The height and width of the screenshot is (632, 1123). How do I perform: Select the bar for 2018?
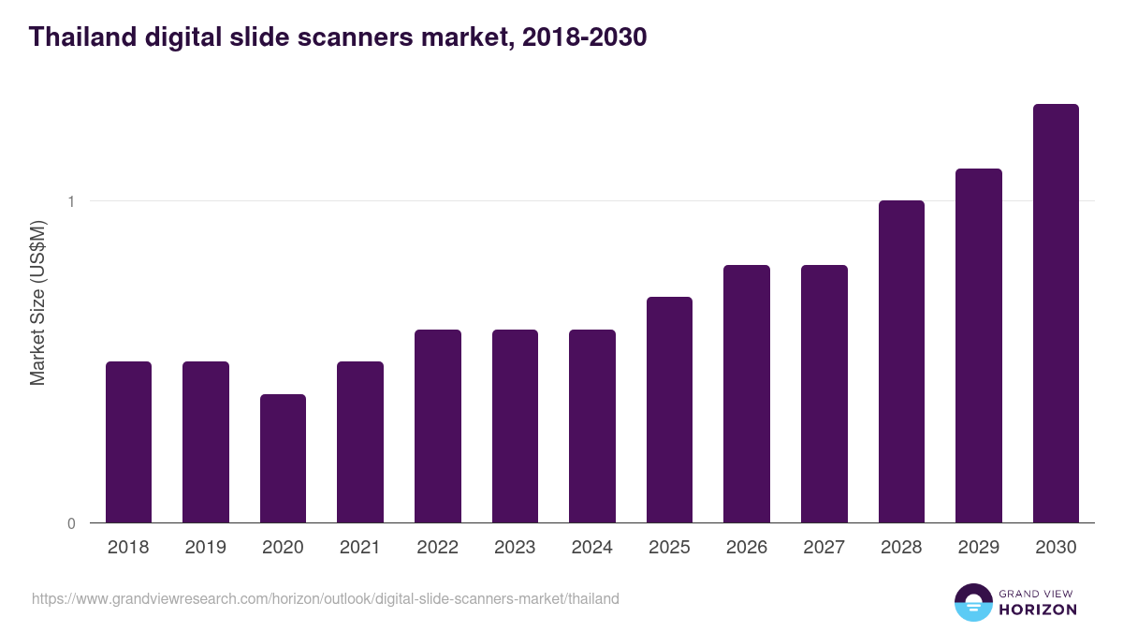128,442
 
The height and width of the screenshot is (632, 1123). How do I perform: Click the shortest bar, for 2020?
283,458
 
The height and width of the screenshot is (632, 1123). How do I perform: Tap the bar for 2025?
669,409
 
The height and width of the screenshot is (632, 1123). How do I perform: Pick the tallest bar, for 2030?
1056,313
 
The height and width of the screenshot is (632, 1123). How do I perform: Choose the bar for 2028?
901,361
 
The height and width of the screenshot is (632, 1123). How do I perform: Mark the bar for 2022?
438,426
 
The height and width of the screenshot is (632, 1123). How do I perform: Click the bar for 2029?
978,345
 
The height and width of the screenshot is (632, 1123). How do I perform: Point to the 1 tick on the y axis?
70,201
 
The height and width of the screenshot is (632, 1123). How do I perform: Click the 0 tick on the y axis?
70,523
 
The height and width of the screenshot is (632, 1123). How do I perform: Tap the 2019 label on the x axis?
205,548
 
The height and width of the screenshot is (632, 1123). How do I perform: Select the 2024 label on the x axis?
591,548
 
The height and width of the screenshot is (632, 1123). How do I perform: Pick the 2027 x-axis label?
824,548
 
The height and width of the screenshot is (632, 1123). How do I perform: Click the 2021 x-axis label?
360,548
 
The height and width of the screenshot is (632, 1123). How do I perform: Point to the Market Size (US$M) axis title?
37,302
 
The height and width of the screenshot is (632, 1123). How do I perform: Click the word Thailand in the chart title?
82,37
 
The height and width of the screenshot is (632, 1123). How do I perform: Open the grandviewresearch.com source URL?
325,598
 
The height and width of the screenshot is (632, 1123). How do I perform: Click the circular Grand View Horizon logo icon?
972,602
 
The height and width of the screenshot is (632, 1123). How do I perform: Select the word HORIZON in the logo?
1038,610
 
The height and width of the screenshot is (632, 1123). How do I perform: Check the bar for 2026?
747,393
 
